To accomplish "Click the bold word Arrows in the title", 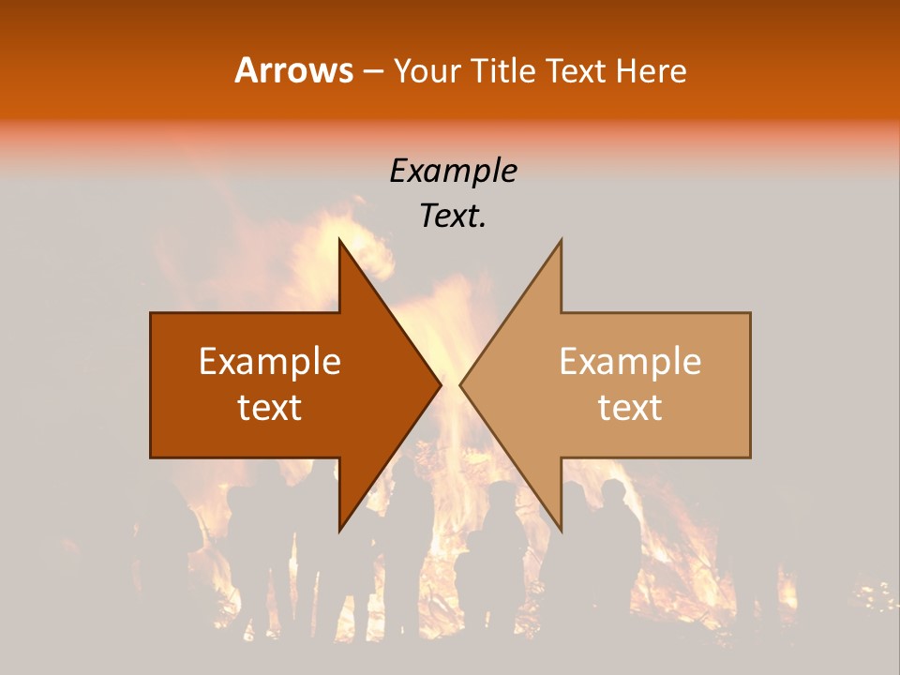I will [x=293, y=70].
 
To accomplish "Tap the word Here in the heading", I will [x=652, y=70].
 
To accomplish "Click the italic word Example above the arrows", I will [x=453, y=172].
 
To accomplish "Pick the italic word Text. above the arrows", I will [x=453, y=217].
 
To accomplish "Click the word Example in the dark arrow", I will [x=270, y=362].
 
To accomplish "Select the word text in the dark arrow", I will [x=270, y=408].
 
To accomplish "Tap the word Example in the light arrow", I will [x=630, y=362].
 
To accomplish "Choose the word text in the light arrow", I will [x=630, y=408].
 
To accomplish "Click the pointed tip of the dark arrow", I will [x=438, y=384].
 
